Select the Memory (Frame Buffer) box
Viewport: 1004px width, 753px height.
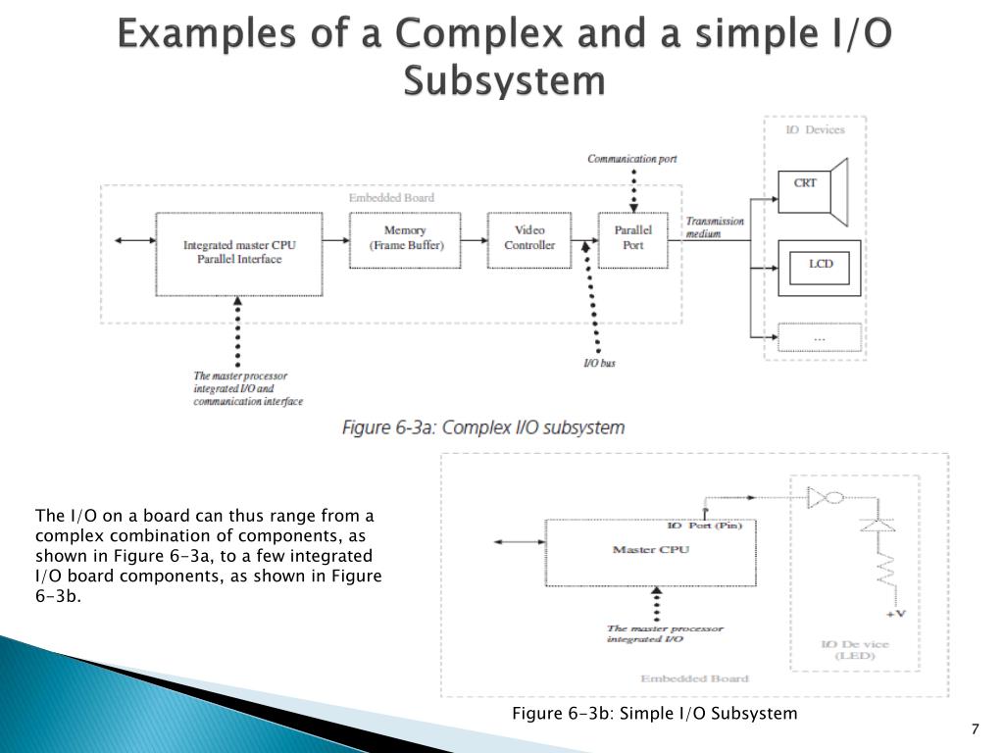pyautogui.click(x=406, y=238)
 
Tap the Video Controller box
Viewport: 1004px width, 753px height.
pyautogui.click(x=529, y=238)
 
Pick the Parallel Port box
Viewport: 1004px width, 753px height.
pyautogui.click(x=633, y=238)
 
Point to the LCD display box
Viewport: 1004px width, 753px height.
pyautogui.click(x=820, y=266)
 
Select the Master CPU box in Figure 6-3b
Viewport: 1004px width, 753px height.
pyautogui.click(x=649, y=551)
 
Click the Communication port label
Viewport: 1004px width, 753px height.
pyautogui.click(x=632, y=159)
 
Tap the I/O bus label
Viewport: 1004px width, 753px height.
pyautogui.click(x=599, y=364)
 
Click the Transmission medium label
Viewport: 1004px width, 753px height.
pyautogui.click(x=715, y=227)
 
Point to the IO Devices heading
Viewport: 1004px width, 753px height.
pyautogui.click(x=815, y=130)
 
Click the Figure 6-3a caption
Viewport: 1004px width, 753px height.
pyautogui.click(x=482, y=428)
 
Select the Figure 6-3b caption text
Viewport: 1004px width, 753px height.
pyautogui.click(x=655, y=713)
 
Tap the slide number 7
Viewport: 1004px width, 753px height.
pyautogui.click(x=975, y=729)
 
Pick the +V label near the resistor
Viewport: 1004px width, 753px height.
pyautogui.click(x=894, y=614)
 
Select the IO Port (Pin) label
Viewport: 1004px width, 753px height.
pyautogui.click(x=705, y=526)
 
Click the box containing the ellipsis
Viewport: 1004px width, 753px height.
pyautogui.click(x=820, y=337)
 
